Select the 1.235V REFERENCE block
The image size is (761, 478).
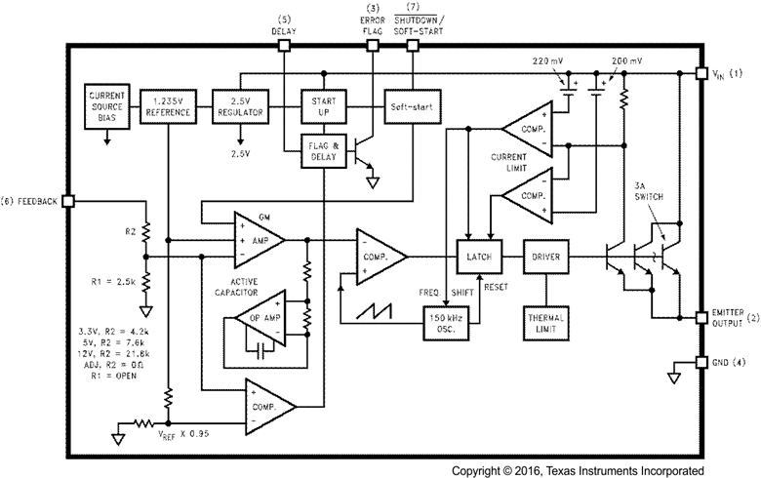(168, 106)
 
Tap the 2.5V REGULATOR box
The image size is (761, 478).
(241, 106)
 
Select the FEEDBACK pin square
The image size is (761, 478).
(67, 201)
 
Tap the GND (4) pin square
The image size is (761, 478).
(701, 363)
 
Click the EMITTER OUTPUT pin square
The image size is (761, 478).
(701, 317)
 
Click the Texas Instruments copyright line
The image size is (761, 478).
(577, 468)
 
